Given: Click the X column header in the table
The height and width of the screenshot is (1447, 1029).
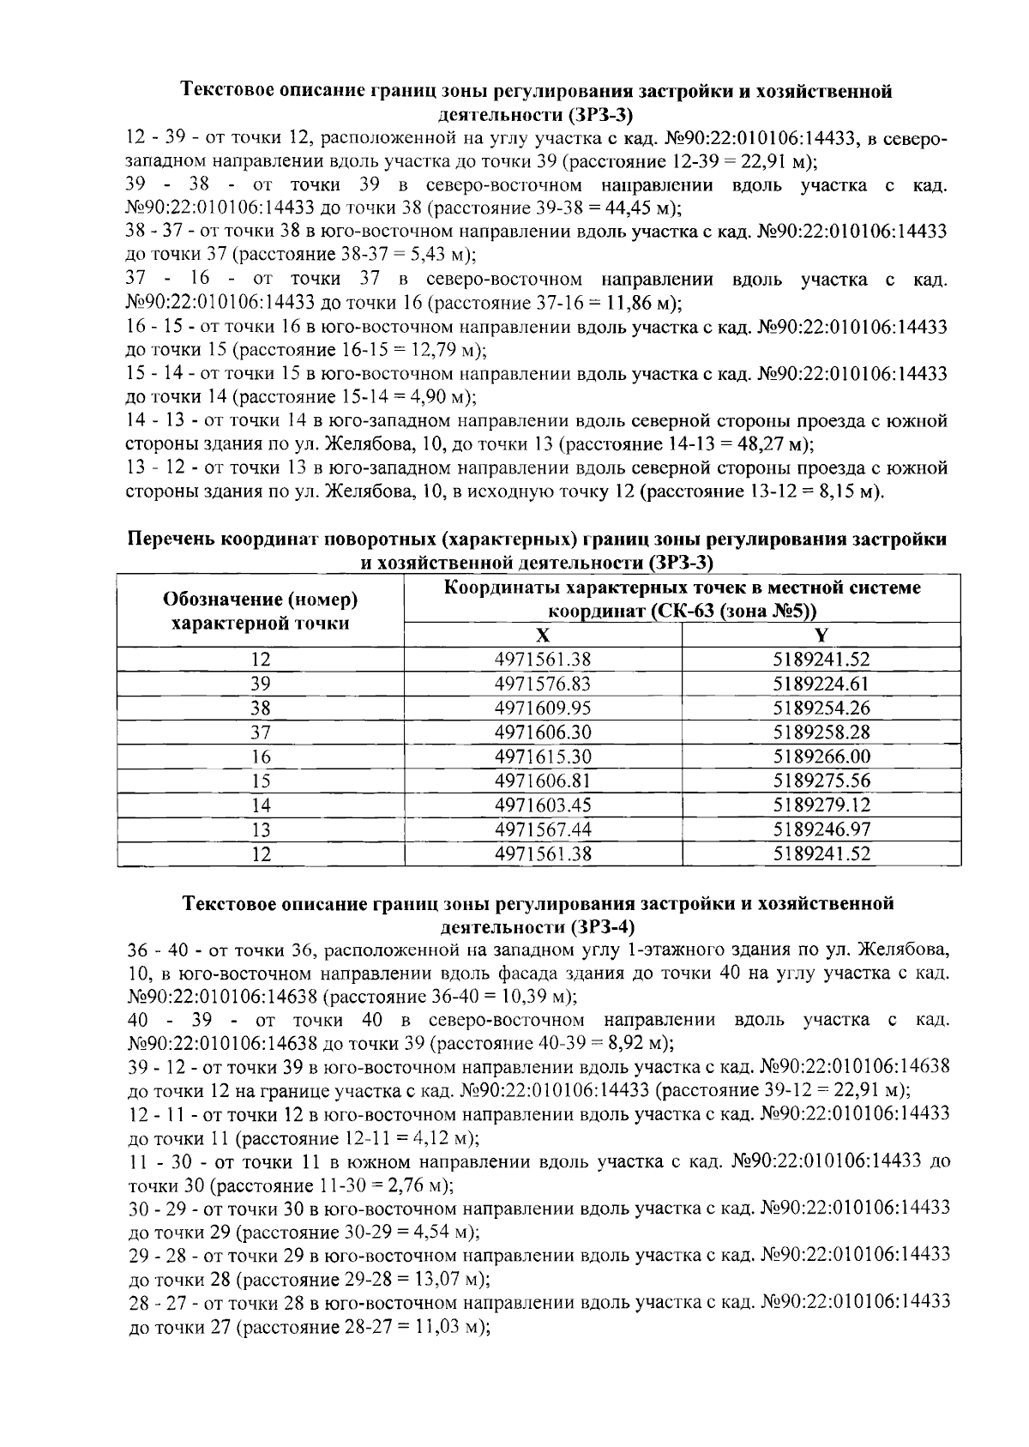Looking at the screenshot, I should click(x=543, y=636).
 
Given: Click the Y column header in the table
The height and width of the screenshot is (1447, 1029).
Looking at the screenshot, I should click(x=821, y=636).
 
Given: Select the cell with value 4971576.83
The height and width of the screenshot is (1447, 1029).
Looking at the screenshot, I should click(x=543, y=684).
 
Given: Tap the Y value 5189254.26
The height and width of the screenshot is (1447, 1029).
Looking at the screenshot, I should click(x=821, y=708).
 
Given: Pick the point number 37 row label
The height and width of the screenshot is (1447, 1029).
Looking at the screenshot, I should click(x=261, y=733).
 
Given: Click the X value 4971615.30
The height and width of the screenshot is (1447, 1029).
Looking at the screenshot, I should click(x=543, y=757).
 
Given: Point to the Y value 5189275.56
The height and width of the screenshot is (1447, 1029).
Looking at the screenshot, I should click(x=821, y=781).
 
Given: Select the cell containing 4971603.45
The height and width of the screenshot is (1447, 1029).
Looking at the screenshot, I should click(x=543, y=805).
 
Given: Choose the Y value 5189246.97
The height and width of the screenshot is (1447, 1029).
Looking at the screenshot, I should click(x=821, y=829).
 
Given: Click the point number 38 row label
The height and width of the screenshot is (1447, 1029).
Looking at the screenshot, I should click(x=261, y=708).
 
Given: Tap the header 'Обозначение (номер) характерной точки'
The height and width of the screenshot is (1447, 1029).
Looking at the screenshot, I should click(x=261, y=611).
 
